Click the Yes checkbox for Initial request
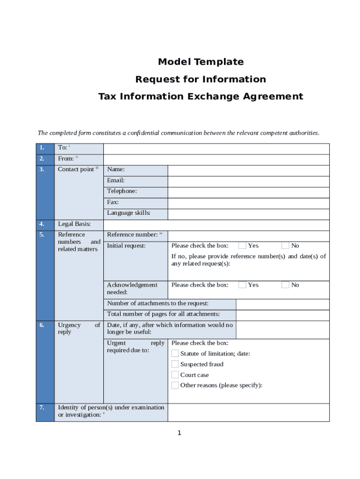pos(242,246)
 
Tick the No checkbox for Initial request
pos(285,246)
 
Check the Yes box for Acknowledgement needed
pos(242,285)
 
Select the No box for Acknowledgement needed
pos(285,285)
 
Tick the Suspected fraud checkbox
pos(175,364)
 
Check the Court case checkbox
pos(175,375)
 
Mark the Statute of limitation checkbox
pos(175,354)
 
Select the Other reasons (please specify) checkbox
pos(175,385)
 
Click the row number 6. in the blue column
pos(42,325)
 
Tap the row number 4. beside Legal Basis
pos(42,224)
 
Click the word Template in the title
pos(219,62)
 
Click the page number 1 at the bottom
pos(179,433)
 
